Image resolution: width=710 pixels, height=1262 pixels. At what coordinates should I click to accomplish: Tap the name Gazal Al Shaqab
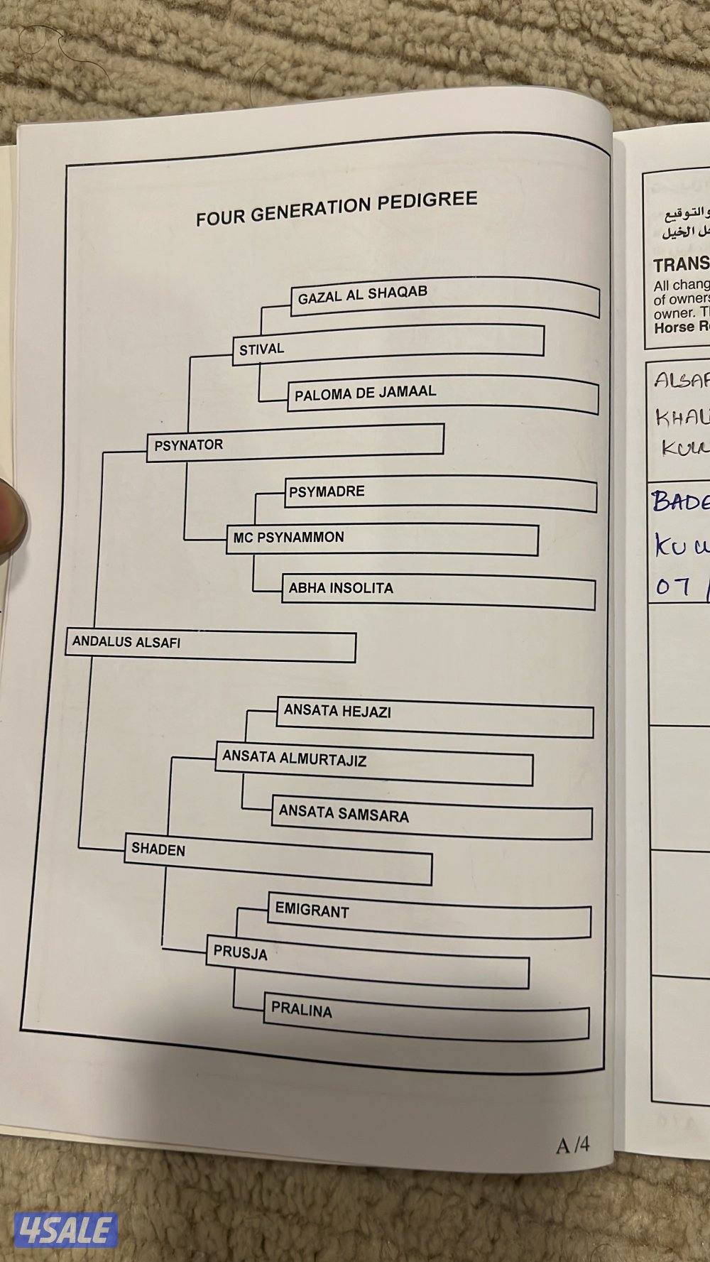coord(362,295)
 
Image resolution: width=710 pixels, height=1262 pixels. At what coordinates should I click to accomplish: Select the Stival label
coord(261,349)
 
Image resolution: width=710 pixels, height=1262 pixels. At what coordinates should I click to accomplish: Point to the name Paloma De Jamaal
coord(365,393)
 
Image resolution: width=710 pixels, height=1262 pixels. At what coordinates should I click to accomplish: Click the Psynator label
coord(189,445)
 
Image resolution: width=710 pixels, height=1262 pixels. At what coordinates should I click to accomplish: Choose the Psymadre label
coord(327,491)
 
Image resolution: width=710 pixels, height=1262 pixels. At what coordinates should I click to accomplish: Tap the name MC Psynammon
coord(288,538)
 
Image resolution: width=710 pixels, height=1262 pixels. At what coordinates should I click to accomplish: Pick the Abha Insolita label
coord(340,588)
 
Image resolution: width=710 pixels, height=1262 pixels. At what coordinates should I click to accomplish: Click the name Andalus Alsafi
coord(126,642)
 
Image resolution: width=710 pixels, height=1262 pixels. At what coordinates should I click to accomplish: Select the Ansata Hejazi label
coord(337,711)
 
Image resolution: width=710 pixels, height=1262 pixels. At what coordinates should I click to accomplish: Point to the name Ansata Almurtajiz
coord(294,758)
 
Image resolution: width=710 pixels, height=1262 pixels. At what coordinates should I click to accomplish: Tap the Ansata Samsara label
coord(344,813)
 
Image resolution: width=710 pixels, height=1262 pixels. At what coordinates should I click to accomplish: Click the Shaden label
coord(158,849)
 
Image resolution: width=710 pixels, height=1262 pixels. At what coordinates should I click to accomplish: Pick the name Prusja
coord(240,952)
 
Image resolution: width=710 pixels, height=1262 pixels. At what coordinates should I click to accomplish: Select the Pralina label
coord(301,1009)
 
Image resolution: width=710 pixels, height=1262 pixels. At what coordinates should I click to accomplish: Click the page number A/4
coord(573,1144)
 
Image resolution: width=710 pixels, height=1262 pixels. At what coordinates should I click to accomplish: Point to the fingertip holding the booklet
coord(11,505)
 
